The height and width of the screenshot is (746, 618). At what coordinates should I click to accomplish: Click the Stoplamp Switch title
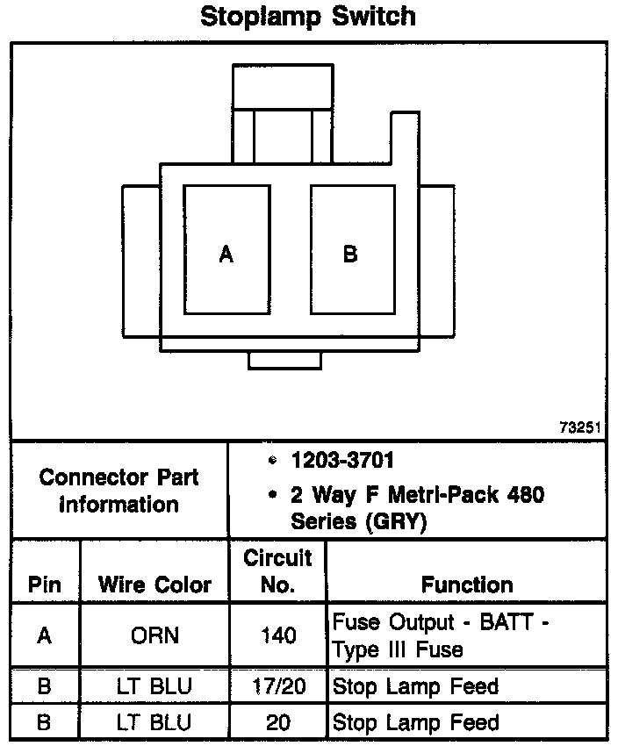point(308,17)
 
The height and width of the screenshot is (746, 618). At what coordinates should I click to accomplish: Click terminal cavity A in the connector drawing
point(227,250)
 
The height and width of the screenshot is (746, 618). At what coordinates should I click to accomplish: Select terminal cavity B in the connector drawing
point(353,250)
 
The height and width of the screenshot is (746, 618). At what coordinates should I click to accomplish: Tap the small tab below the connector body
point(284,360)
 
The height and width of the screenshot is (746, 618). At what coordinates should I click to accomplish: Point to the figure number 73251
point(580,427)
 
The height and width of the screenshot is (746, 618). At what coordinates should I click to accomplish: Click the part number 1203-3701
point(342,460)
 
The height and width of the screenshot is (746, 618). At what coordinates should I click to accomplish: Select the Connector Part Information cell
point(119,491)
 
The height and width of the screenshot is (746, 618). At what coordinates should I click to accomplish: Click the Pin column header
point(44,585)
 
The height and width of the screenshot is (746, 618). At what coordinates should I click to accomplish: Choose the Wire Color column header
point(154,585)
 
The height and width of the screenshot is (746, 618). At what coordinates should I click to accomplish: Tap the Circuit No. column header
point(278,571)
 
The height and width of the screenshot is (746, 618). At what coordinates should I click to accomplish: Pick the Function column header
point(467,585)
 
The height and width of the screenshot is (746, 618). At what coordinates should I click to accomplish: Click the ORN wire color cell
point(155,635)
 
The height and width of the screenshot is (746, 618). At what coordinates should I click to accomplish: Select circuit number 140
point(278,635)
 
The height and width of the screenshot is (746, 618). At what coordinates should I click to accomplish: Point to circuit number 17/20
point(278,686)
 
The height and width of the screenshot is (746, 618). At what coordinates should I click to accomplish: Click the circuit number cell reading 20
point(278,722)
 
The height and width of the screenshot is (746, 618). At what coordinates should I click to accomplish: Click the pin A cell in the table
point(44,635)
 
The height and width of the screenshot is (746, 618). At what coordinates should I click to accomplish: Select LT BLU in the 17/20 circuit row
point(154,686)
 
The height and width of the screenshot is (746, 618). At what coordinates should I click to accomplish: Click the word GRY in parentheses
point(396,522)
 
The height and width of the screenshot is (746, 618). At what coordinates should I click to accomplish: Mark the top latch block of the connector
point(283,86)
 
